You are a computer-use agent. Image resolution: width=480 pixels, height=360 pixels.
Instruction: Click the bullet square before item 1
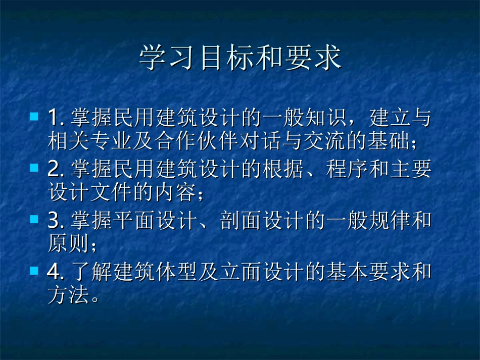click(34, 116)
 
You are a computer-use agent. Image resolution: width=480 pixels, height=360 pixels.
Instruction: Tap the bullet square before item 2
click(34, 167)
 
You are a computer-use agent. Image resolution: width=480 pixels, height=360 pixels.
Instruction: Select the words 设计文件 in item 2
click(84, 194)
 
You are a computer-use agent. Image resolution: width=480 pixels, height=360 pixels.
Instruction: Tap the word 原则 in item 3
click(67, 246)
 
